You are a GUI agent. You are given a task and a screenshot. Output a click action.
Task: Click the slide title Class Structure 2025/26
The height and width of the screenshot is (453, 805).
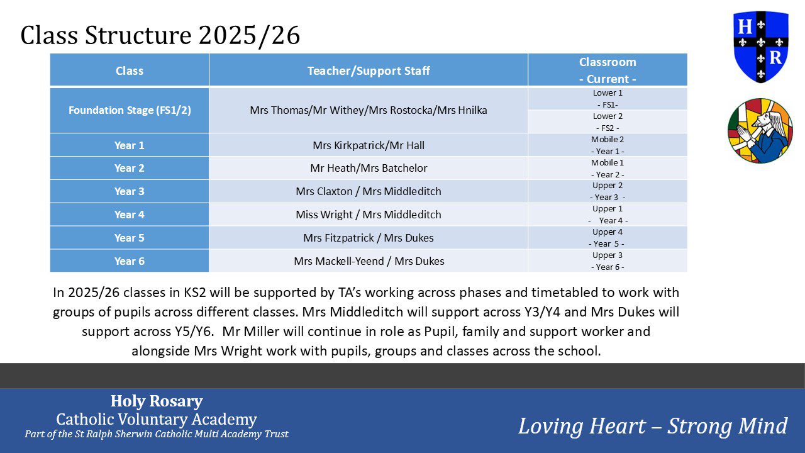point(160,36)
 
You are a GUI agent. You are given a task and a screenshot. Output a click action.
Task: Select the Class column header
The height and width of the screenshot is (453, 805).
point(130,70)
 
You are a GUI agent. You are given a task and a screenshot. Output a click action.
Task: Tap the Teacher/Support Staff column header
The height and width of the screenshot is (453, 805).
point(369,70)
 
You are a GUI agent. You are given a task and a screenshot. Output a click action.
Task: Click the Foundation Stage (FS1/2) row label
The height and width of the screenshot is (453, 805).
point(130,110)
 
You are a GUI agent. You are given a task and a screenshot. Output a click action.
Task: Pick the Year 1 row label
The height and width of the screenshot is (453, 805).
point(130,145)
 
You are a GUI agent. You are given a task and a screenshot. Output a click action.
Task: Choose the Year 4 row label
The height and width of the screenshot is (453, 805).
point(130,215)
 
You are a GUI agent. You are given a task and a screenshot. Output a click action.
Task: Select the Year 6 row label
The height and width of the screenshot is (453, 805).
point(130,261)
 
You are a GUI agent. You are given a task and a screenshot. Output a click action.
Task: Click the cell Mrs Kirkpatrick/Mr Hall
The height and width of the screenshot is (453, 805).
point(369,145)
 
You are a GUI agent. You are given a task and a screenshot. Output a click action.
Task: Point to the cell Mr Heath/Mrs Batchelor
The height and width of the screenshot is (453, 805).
point(369,168)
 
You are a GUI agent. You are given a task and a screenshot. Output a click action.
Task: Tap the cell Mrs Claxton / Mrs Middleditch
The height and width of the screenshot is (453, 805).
point(369,191)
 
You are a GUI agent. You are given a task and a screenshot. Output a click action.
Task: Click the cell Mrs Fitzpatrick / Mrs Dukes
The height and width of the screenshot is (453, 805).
point(369,238)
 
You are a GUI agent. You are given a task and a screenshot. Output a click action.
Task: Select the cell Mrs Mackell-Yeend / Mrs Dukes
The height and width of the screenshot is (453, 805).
point(369,261)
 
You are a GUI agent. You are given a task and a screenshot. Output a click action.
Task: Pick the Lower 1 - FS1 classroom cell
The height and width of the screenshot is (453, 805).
point(608,99)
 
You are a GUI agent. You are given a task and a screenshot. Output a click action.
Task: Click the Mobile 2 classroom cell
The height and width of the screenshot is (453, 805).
point(608,145)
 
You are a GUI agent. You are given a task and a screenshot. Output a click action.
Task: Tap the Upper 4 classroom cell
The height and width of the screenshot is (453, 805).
point(608,238)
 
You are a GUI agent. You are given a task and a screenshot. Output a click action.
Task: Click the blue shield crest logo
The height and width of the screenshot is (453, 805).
point(760,46)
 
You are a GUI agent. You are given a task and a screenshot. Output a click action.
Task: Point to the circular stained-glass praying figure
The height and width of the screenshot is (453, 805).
point(760,131)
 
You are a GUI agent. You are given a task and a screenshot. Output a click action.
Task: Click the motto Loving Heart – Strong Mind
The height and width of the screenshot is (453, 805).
point(653,426)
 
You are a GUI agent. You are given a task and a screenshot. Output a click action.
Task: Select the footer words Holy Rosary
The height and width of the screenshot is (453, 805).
point(157,401)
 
